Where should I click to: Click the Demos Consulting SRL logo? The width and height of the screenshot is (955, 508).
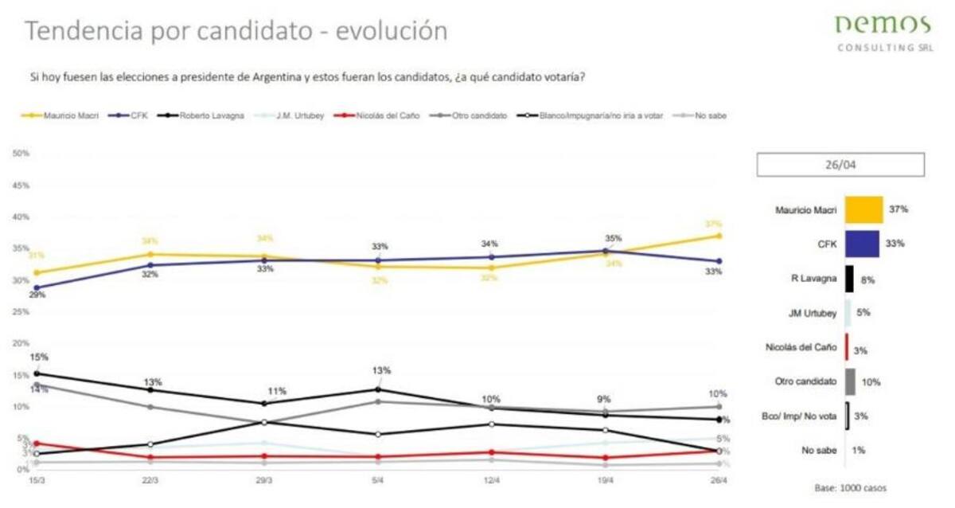click(884, 33)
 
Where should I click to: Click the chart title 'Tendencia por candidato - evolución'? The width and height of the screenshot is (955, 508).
click(236, 31)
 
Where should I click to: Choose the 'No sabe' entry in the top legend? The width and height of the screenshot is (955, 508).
click(704, 115)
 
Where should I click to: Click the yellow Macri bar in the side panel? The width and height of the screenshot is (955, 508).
click(863, 209)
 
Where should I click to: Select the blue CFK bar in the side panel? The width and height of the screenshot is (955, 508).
click(861, 244)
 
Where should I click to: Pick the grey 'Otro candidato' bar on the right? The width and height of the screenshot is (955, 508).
click(850, 382)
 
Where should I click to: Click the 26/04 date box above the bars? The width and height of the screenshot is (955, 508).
click(840, 165)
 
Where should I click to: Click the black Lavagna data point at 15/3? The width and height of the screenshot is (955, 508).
click(37, 373)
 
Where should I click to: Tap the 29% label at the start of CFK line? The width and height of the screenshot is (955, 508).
click(37, 295)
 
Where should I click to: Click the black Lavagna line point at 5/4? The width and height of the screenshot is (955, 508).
click(378, 389)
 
